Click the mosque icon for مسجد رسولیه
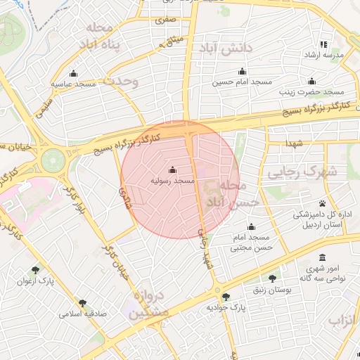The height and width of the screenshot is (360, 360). point(173,169)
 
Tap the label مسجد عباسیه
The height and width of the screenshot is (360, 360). point(73,84)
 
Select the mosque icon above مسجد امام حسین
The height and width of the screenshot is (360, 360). point(243,71)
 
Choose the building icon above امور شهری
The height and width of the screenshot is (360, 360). point(323,257)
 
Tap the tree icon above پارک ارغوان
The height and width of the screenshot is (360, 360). point(36,270)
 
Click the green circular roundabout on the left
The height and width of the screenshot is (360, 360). point(52,160)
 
